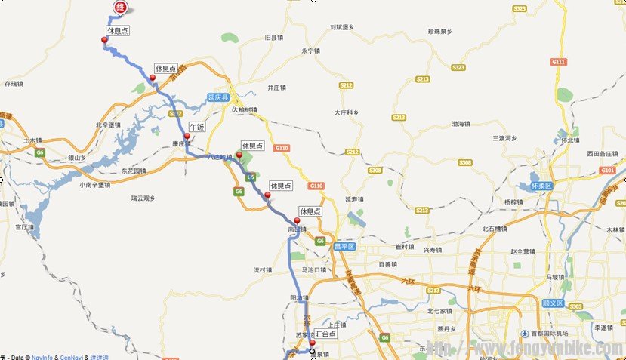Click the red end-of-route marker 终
pos(119,7)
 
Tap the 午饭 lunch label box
pos(196,128)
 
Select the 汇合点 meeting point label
pos(325,332)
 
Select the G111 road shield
pos(558,62)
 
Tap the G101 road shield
pos(608,171)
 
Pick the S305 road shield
pos(575,306)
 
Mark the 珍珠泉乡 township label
pos(439,32)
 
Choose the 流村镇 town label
pos(262,269)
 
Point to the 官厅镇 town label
pos(25,226)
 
